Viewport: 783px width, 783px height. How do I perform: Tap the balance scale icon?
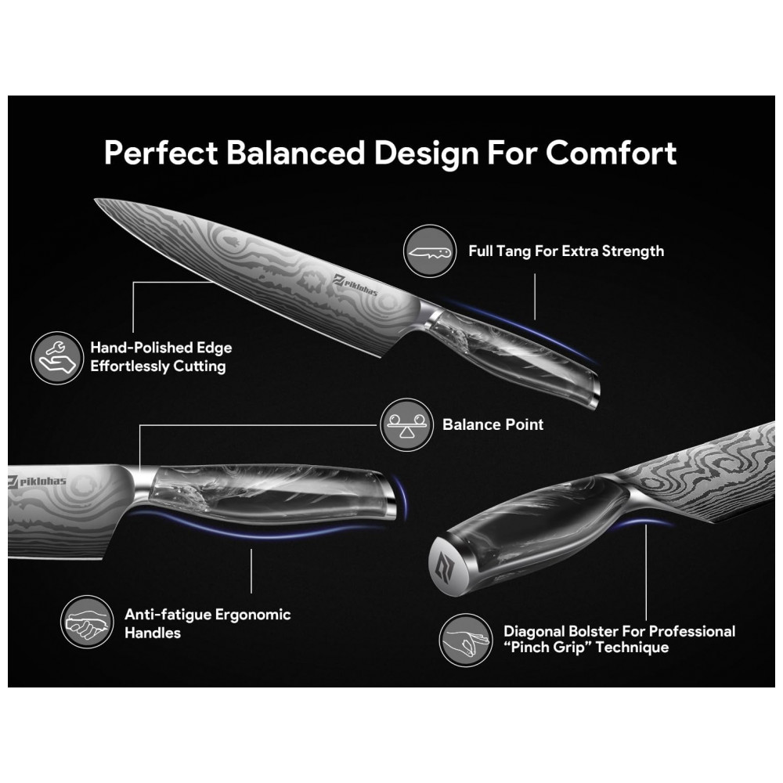pyautogui.click(x=407, y=424)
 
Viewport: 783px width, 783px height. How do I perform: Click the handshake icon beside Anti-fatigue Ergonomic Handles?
pyautogui.click(x=87, y=623)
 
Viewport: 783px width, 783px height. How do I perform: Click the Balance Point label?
pyautogui.click(x=493, y=424)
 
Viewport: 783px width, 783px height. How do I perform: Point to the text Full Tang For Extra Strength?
pyautogui.click(x=566, y=251)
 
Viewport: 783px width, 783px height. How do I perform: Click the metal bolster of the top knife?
pyautogui.click(x=429, y=316)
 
